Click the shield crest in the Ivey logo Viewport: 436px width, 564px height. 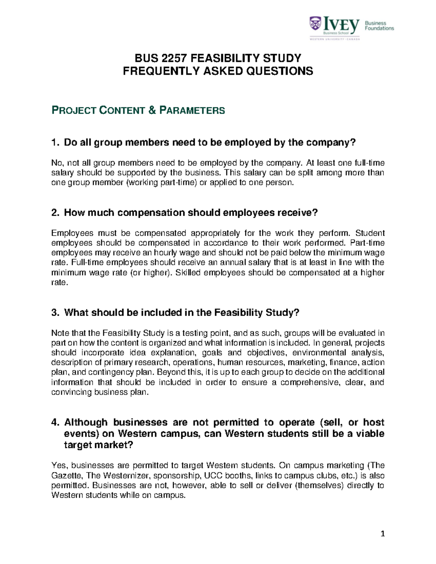[315, 24]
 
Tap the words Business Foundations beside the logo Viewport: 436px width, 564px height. [379, 25]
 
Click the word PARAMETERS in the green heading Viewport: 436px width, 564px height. [192, 110]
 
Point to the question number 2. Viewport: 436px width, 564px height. [55, 212]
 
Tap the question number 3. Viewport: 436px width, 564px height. [55, 312]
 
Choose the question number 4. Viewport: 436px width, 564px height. [55, 422]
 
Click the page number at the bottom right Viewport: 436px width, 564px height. [382, 533]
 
